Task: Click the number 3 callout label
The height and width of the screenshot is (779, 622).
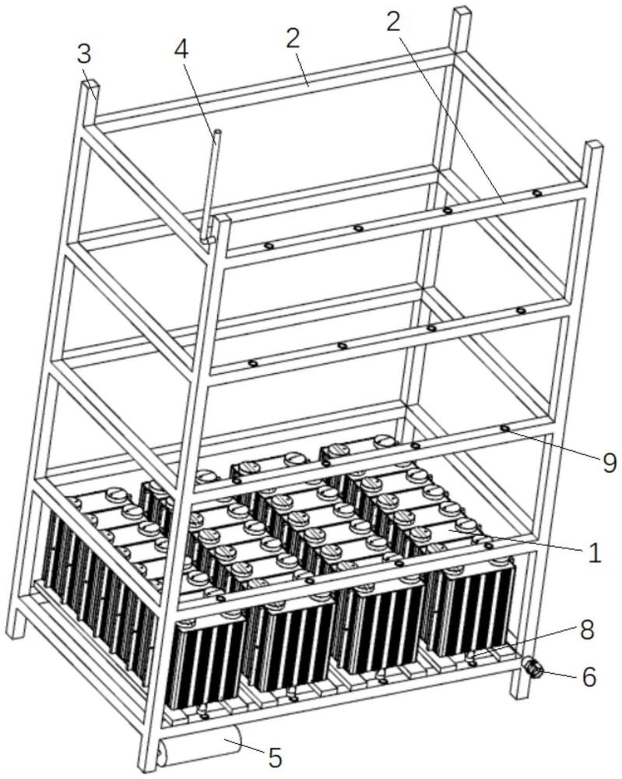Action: [84, 55]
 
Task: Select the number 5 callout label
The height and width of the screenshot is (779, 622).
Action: [275, 757]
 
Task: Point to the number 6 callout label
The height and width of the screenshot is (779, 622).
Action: [589, 677]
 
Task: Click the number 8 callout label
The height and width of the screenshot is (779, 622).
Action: [587, 630]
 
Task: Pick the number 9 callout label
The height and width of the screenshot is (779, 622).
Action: [609, 463]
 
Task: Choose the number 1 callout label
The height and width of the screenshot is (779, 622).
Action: [594, 552]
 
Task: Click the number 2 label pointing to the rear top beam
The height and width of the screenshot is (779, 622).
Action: [293, 39]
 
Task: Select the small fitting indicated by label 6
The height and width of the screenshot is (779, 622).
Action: [532, 668]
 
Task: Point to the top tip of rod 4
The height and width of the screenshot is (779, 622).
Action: [217, 132]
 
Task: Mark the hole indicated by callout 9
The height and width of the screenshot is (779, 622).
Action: [504, 428]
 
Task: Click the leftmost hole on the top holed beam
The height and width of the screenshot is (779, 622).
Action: [269, 246]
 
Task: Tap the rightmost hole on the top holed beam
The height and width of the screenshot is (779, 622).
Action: [536, 192]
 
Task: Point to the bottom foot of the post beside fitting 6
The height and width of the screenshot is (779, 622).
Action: [518, 692]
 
